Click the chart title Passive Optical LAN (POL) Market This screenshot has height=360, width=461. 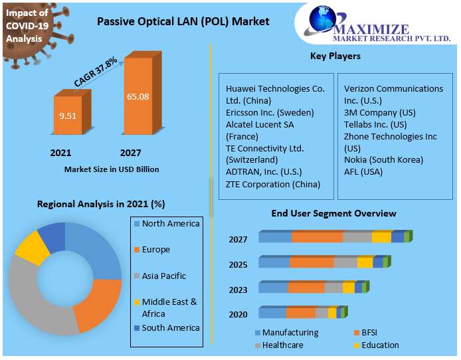[183, 21]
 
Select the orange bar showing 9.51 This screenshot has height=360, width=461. [68, 116]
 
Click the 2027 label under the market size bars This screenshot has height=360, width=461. [130, 153]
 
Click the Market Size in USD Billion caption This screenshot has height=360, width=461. [112, 169]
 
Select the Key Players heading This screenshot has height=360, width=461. [335, 56]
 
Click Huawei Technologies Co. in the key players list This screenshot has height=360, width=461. [275, 88]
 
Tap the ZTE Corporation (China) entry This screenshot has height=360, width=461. [272, 184]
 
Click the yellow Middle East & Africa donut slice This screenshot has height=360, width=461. [32, 246]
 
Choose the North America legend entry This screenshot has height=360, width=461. [170, 224]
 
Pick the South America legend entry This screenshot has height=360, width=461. [170, 327]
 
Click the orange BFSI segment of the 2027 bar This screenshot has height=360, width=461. [317, 238]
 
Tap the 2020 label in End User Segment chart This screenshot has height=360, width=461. [238, 314]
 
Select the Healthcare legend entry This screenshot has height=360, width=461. [282, 345]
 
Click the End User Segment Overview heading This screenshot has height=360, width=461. [333, 213]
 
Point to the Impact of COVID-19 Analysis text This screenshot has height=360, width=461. [27, 26]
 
